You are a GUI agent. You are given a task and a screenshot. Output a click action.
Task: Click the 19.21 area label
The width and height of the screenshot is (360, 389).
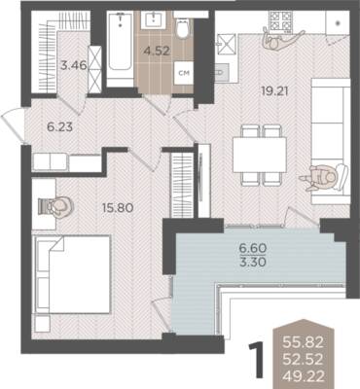tap(274, 91)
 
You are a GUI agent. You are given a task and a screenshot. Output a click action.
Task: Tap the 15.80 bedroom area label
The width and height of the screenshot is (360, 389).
tap(118, 207)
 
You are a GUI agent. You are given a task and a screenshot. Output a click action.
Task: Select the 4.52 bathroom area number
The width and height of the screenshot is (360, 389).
tap(158, 51)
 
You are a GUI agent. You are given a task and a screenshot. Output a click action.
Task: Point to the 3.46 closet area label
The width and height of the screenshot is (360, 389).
tap(74, 65)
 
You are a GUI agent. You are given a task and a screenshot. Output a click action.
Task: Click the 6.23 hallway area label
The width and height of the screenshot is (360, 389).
tap(59, 127)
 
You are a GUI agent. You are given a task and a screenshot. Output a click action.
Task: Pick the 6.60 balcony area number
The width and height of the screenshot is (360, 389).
tap(253, 249)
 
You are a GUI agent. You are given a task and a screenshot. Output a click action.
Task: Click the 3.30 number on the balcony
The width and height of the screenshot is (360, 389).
tap(253, 262)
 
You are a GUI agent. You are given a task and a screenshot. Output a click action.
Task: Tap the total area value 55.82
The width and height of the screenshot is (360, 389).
tap(303, 341)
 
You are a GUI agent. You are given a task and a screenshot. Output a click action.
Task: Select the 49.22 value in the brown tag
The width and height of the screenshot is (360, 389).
tap(303, 376)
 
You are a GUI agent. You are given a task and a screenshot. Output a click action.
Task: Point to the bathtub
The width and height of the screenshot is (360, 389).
tap(121, 49)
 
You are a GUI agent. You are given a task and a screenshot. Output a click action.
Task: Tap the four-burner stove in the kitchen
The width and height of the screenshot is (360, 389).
tap(280, 21)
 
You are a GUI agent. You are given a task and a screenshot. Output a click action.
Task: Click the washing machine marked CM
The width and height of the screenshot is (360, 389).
tap(184, 73)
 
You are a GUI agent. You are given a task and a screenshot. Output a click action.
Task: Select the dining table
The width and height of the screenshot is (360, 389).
tap(260, 155)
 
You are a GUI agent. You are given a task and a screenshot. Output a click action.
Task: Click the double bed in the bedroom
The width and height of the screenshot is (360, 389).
tap(73, 274)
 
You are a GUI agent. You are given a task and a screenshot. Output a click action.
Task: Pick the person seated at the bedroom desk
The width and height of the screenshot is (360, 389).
tap(57, 206)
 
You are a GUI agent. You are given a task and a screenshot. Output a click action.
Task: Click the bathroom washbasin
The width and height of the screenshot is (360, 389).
tap(153, 19)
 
